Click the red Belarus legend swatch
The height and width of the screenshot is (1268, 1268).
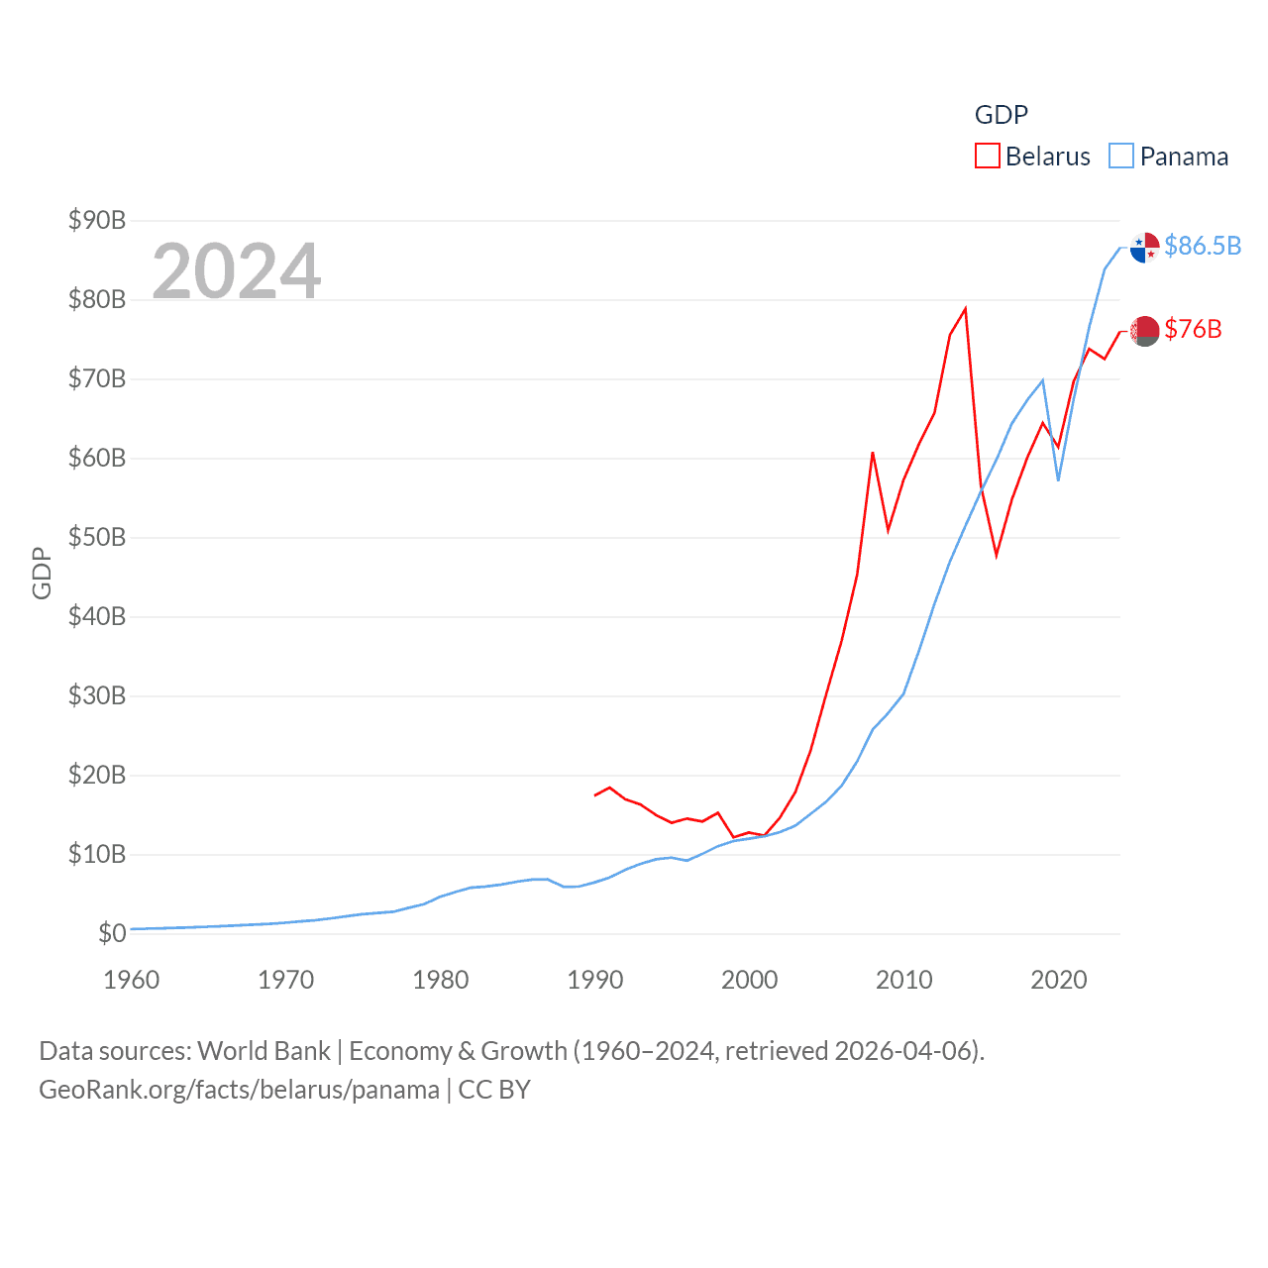point(988,157)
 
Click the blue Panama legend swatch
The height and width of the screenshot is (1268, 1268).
point(1121,157)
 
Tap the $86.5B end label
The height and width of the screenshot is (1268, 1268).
point(1203,246)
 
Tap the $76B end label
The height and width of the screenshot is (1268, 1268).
point(1193,329)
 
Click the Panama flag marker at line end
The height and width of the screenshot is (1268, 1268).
point(1145,248)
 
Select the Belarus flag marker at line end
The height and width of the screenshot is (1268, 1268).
point(1145,331)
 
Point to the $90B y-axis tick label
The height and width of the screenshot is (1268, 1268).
point(97,220)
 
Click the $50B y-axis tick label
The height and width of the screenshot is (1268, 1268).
point(97,537)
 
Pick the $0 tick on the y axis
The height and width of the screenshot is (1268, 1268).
point(112,933)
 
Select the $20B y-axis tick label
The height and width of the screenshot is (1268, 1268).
point(97,775)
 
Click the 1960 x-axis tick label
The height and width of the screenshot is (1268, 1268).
point(132,980)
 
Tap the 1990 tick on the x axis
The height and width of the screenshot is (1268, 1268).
point(595,980)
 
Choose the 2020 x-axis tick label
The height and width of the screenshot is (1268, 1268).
point(1059,980)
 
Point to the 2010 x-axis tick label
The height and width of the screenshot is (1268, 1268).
point(904,980)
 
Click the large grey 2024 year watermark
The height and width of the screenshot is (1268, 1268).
point(237,270)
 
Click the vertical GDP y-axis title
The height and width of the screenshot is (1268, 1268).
point(42,573)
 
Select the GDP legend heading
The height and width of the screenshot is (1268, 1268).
point(1002,115)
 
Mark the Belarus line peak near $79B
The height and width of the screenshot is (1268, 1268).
point(965,309)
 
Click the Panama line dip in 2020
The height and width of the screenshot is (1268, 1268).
point(1059,479)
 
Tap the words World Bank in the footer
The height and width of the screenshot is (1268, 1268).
point(264,1050)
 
